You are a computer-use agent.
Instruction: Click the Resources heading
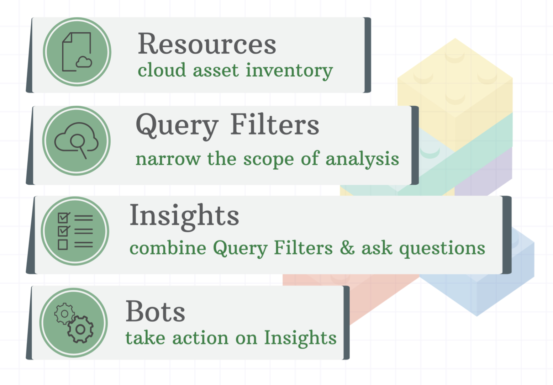(x=207, y=44)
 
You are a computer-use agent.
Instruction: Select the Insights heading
(x=184, y=215)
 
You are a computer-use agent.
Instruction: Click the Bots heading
(x=155, y=311)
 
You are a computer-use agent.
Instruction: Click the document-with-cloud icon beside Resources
(x=77, y=52)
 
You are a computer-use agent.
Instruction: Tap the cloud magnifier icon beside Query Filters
(x=76, y=141)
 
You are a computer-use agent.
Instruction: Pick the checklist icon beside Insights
(x=75, y=231)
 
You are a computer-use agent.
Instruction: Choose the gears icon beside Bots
(x=74, y=323)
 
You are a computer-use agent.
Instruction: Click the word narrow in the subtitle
(x=168, y=159)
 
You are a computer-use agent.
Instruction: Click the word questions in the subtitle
(x=442, y=248)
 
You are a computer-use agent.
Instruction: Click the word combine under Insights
(x=168, y=248)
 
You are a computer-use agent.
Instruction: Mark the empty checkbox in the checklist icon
(x=63, y=244)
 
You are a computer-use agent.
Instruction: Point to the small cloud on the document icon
(x=84, y=62)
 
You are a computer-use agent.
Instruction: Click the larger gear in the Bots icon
(x=80, y=329)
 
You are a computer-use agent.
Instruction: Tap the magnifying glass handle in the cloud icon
(x=83, y=153)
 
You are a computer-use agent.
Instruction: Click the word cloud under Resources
(x=162, y=70)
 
